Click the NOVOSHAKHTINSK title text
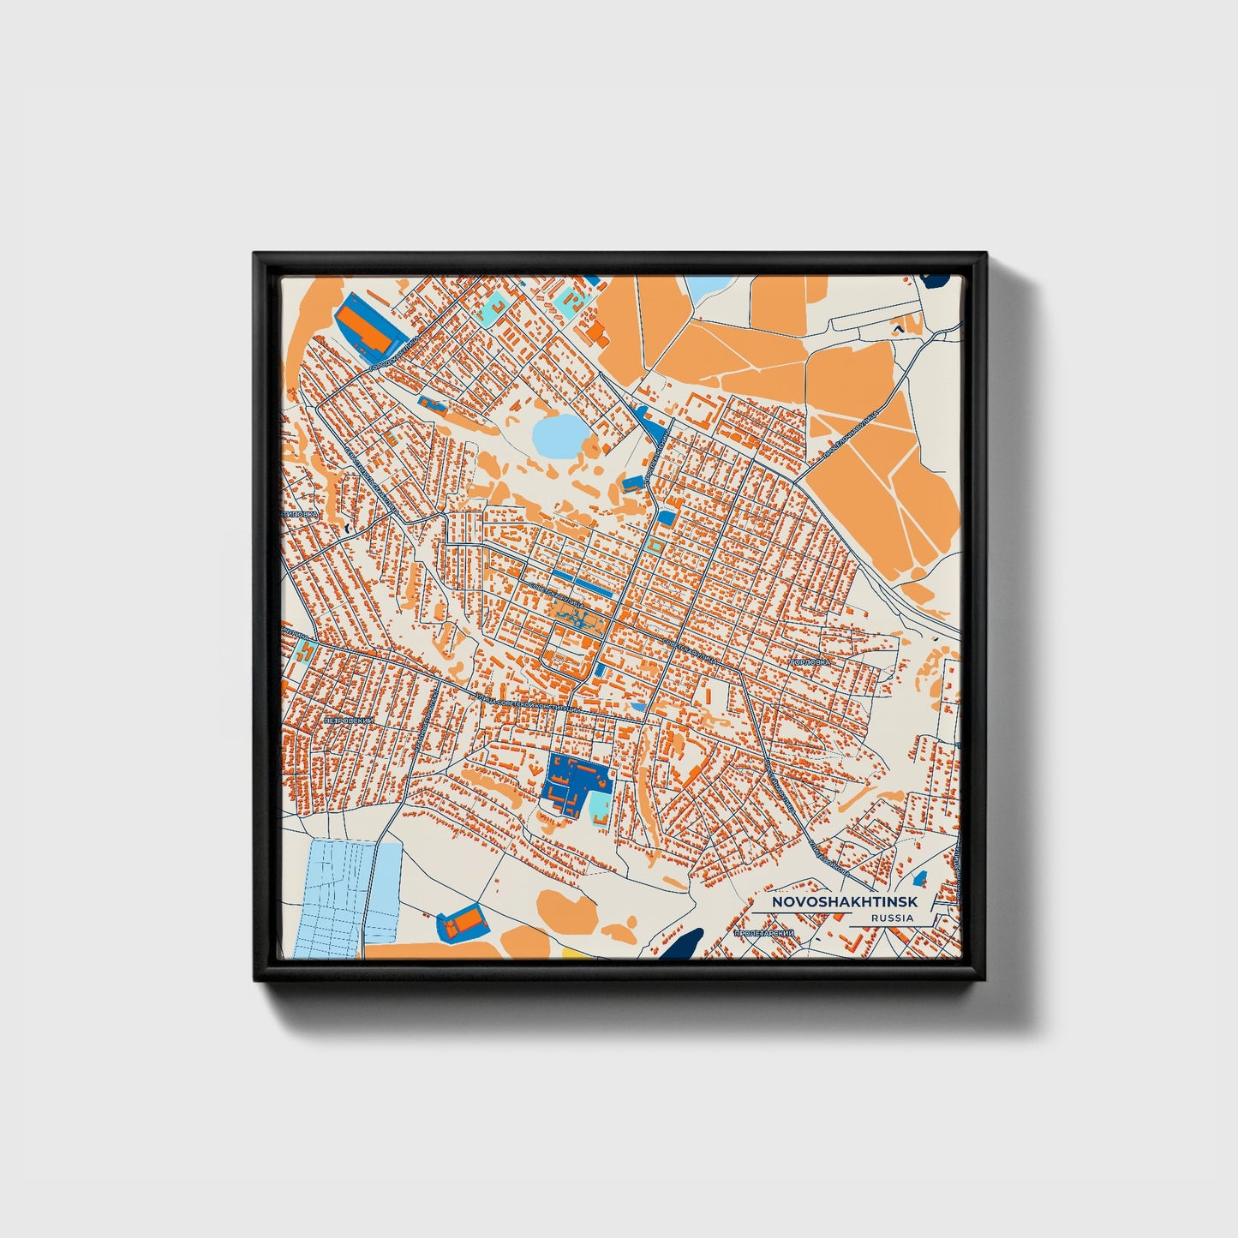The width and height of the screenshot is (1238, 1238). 844,902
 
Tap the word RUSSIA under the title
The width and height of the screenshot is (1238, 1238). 891,918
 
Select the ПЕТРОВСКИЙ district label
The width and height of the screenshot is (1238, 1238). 347,722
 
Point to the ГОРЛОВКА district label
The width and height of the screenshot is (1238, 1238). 810,662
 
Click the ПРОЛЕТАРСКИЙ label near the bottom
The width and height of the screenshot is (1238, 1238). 764,932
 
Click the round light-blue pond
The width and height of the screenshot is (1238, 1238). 557,436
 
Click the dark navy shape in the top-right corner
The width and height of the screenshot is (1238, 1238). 939,279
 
